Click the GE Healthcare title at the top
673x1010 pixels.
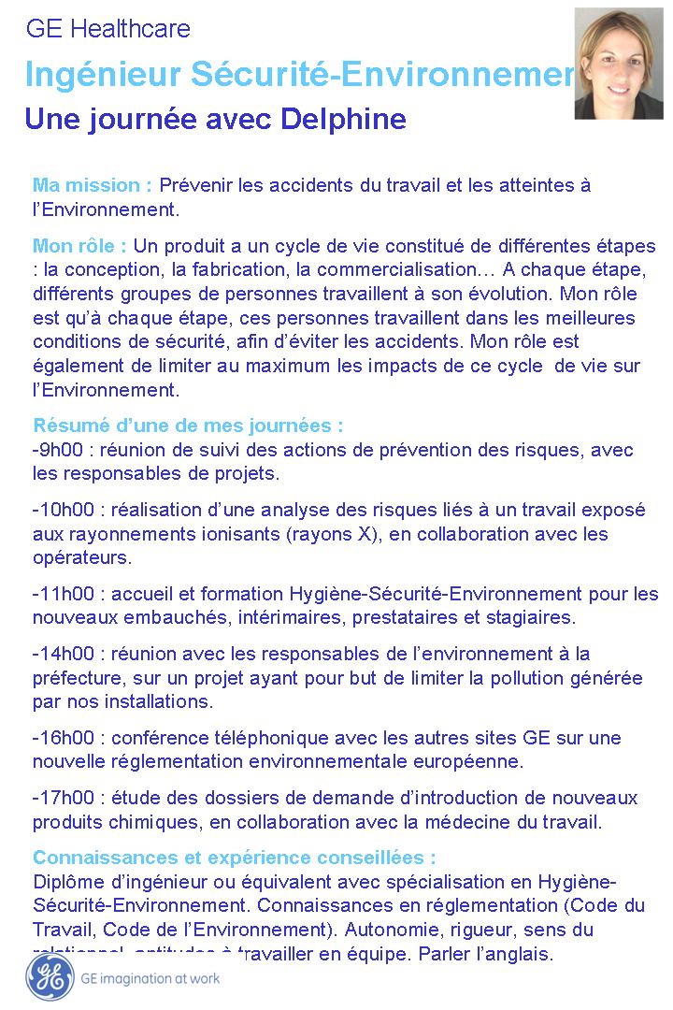(x=107, y=30)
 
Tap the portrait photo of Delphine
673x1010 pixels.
(x=618, y=63)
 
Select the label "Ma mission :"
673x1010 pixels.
(x=93, y=185)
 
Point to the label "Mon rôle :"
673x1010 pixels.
(x=79, y=247)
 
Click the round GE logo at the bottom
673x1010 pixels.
(x=50, y=977)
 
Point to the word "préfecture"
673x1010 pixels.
(x=78, y=677)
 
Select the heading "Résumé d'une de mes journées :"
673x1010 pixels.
(x=188, y=426)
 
